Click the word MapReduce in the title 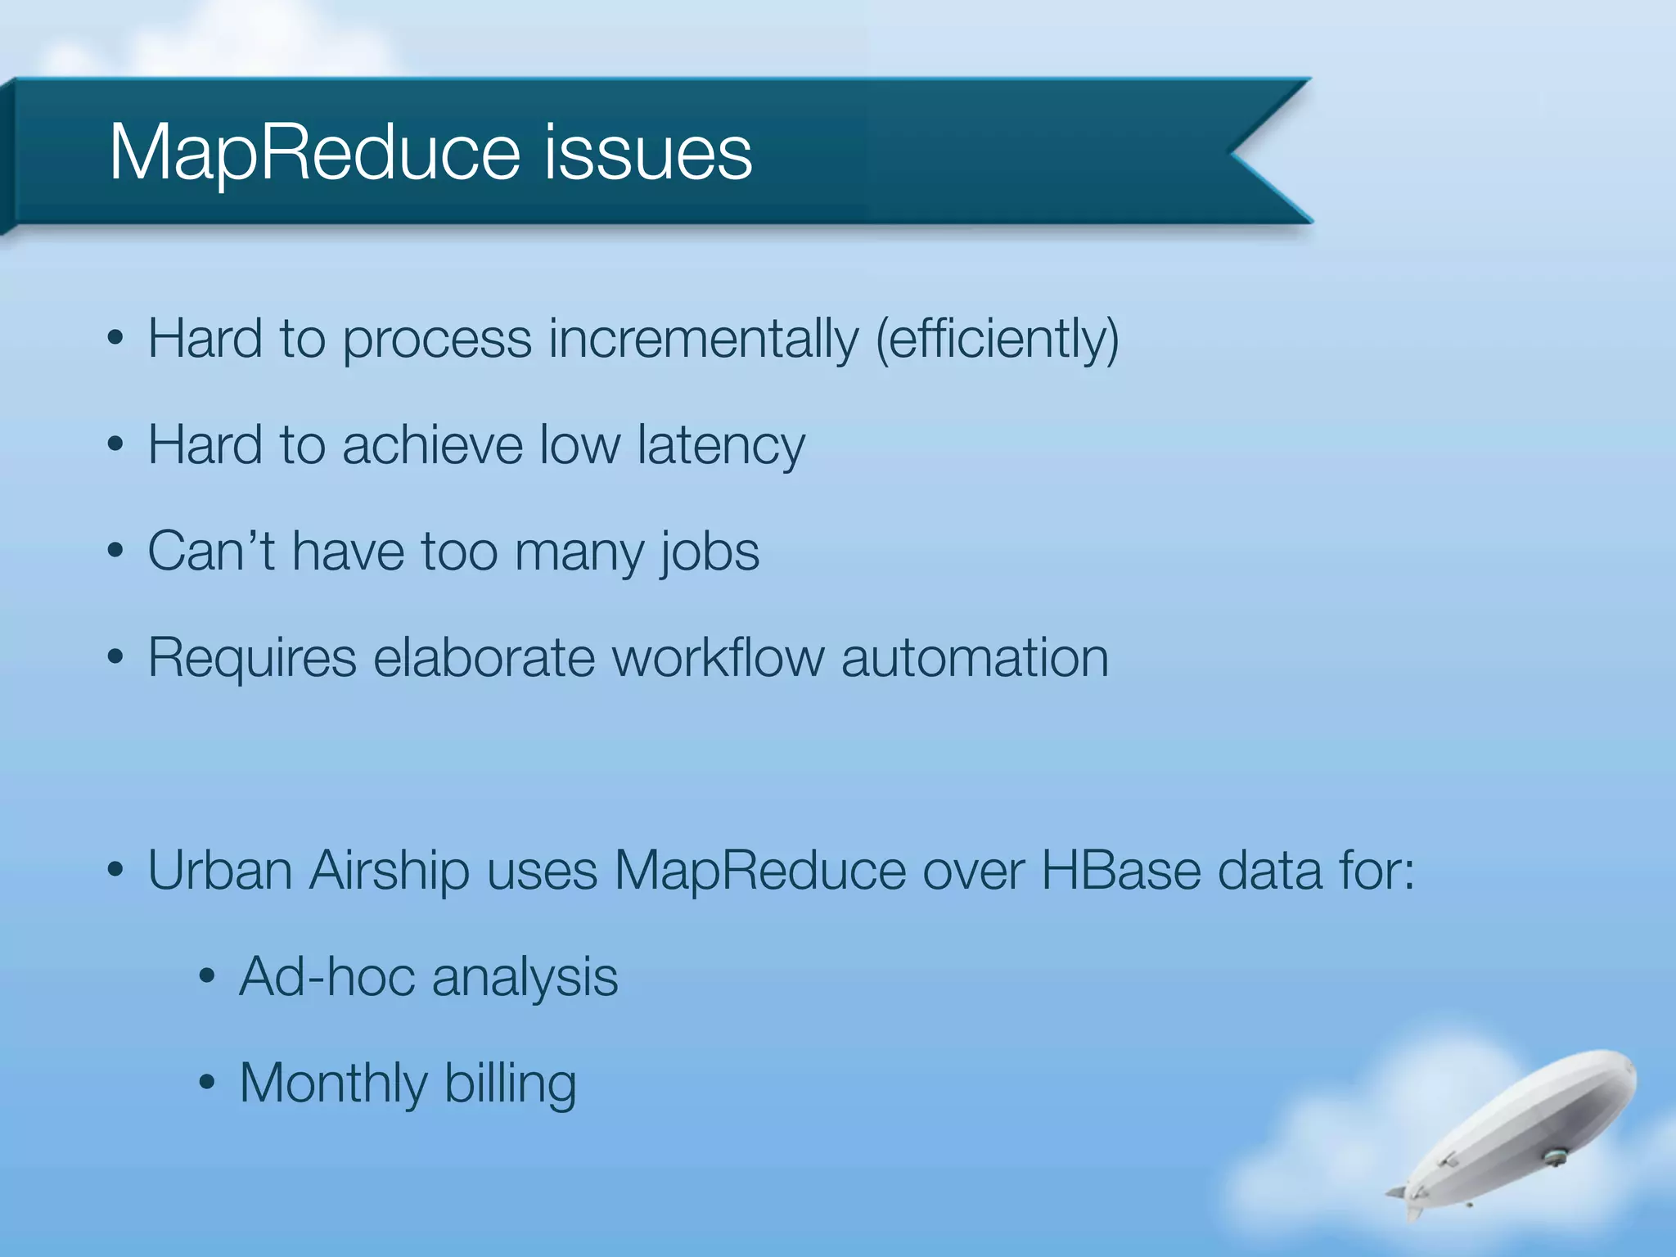(x=314, y=153)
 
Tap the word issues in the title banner (x=647, y=153)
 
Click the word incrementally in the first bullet (x=704, y=339)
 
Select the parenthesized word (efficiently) (x=997, y=339)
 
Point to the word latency (x=721, y=446)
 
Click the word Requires (x=252, y=659)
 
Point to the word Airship (x=390, y=872)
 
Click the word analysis (x=525, y=978)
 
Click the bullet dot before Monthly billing (x=207, y=1084)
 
